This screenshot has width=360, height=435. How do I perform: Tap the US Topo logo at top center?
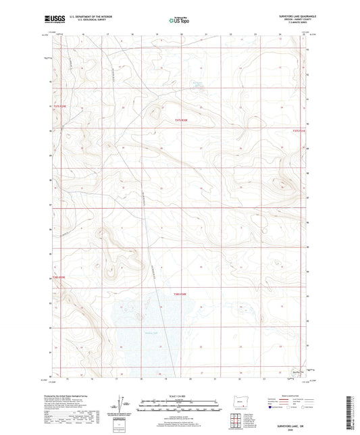click(179, 21)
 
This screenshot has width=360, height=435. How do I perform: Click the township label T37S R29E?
click(61, 106)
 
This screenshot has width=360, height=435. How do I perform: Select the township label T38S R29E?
click(61, 277)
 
